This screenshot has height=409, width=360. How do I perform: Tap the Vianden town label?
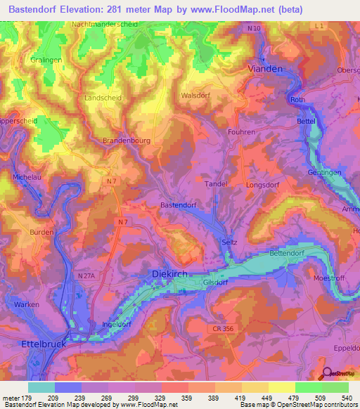pos(265,68)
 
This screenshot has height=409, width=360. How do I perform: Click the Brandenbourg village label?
pos(127,141)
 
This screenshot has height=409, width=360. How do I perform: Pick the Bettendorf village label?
pos(289,253)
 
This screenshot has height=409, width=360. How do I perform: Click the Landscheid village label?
pos(102,98)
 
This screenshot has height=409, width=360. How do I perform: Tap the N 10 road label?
pos(254,28)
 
